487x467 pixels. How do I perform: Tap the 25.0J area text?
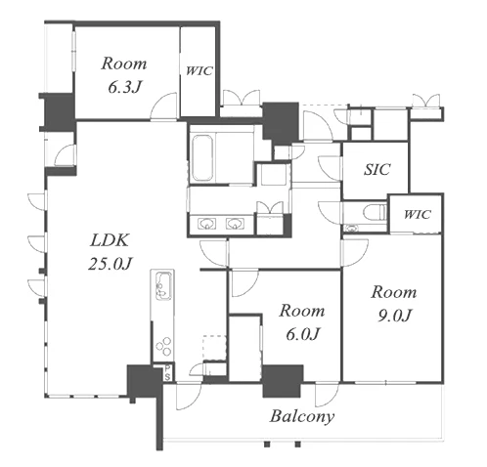[111, 263]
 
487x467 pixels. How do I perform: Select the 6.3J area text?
[125, 87]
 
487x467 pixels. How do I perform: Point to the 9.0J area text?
[395, 316]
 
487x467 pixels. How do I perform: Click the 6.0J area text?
[303, 333]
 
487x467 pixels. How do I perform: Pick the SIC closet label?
[376, 169]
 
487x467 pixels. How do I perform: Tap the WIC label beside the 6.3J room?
[199, 71]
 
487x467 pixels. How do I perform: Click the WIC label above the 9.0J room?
[418, 214]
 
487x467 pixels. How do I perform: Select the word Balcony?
[302, 417]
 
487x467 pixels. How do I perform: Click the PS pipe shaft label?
[167, 372]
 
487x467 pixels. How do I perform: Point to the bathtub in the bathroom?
[202, 158]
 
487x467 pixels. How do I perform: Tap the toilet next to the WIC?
[375, 213]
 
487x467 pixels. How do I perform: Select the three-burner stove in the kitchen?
[163, 347]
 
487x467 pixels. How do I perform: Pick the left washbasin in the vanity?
[206, 224]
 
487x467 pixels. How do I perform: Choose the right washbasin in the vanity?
[235, 224]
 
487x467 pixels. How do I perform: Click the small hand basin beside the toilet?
[351, 228]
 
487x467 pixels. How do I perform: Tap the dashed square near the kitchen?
[215, 348]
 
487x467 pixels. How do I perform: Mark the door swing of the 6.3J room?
[164, 106]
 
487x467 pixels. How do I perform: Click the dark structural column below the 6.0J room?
[283, 381]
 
